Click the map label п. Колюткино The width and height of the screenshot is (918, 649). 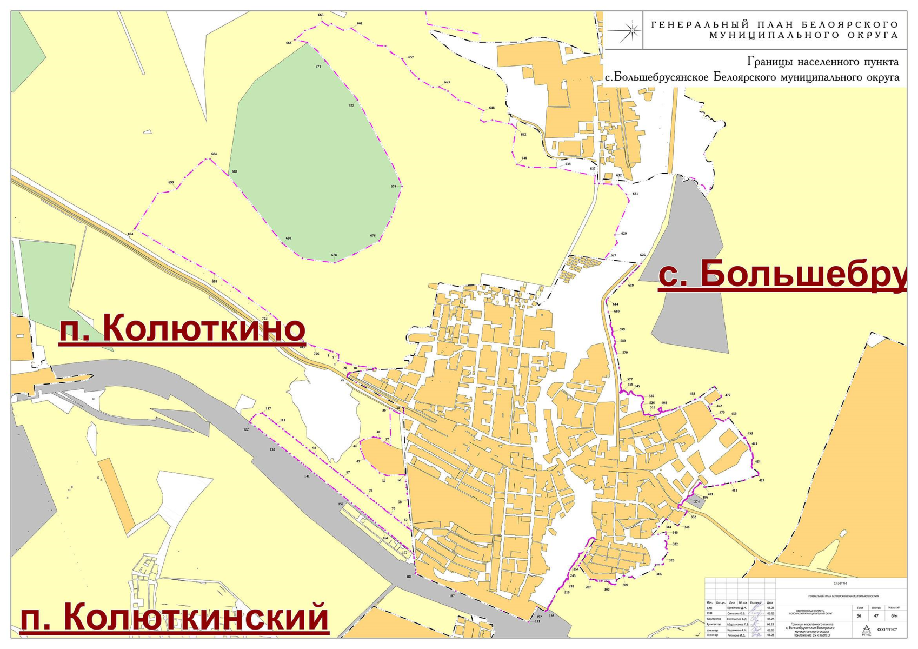coord(182,328)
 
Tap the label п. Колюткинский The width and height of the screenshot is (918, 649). coord(174,617)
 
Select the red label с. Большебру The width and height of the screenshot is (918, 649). coord(782,274)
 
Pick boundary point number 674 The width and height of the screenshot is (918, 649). coord(394,186)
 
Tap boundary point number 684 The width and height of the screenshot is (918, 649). coord(214,154)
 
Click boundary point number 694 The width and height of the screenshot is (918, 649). coord(130,234)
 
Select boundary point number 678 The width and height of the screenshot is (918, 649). coord(334,255)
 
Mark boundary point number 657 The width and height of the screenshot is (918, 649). coord(411,57)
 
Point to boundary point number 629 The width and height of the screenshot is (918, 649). coord(624,234)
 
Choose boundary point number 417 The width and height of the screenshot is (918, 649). coord(762,480)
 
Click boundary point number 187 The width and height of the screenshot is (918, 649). coord(452,596)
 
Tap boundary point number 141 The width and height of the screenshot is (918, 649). coord(307,476)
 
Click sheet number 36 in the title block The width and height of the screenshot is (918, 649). coord(859,615)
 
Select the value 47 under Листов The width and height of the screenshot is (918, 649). coord(876,615)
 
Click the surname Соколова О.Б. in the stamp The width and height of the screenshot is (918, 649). coord(736,613)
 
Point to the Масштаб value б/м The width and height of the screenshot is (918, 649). coord(894,615)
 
